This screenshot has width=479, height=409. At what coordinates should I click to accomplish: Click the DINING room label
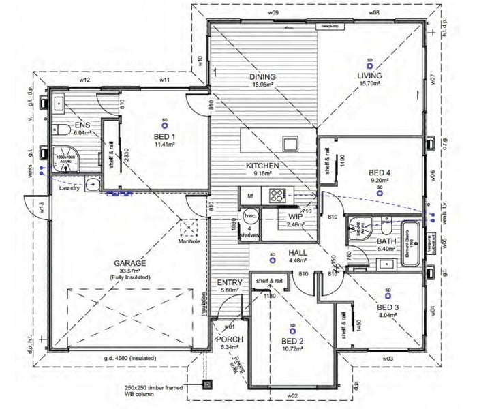point(262,77)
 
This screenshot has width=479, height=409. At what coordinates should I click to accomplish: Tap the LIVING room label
point(369,75)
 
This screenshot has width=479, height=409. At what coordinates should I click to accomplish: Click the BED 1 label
point(164,136)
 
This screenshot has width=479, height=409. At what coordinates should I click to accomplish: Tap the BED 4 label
point(379,173)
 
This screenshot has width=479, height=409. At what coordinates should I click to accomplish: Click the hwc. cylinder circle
point(250,213)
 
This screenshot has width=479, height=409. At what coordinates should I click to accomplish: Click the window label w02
point(292,395)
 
